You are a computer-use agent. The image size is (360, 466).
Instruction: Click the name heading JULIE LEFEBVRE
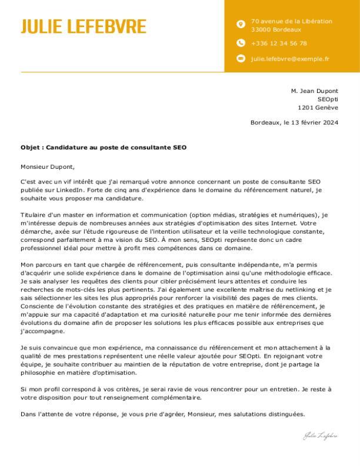[x=84, y=27]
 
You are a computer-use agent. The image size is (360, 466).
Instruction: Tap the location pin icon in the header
[x=240, y=25]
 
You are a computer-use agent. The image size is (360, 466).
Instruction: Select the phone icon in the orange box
[x=240, y=43]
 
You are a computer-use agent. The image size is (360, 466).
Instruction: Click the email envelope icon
[x=240, y=58]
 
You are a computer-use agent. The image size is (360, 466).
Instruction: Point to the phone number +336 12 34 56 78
[x=279, y=43]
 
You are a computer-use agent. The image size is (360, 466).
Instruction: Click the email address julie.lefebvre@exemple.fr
[x=290, y=58]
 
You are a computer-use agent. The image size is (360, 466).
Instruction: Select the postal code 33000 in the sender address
[x=261, y=29]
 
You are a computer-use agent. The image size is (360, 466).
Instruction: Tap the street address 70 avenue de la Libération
[x=291, y=21]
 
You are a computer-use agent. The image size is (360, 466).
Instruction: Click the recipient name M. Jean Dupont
[x=315, y=91]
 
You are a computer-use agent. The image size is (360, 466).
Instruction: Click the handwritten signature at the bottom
[x=321, y=436]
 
